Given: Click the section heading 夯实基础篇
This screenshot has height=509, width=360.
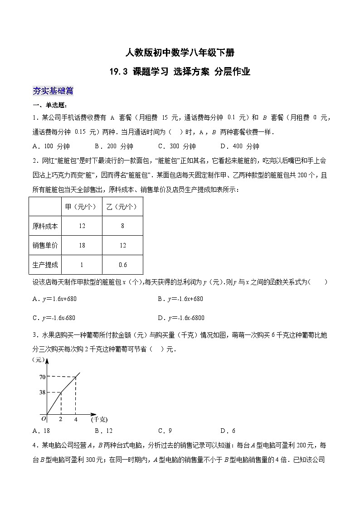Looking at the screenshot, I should [x=53, y=91].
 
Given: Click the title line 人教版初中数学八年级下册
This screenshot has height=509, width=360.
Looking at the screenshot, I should [x=180, y=53].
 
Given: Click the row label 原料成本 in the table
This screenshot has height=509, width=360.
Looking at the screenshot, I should [x=45, y=226].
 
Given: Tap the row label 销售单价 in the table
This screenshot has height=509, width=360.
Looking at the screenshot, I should [x=45, y=245].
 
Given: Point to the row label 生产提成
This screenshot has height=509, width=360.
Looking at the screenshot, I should [x=45, y=265].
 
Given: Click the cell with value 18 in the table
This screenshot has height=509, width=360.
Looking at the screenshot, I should [x=82, y=245].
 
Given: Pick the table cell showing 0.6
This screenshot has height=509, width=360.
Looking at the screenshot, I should [x=122, y=265].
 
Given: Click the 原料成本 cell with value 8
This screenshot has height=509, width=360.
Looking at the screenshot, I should [x=122, y=226].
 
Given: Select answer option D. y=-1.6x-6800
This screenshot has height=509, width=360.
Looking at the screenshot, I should [x=181, y=318].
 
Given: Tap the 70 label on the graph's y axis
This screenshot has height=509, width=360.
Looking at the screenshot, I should [x=42, y=377].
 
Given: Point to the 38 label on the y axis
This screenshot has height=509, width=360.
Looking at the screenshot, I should [x=42, y=393].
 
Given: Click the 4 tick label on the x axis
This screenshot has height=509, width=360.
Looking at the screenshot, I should [x=76, y=419].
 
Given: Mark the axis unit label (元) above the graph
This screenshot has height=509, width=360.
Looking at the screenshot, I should [x=40, y=359].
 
